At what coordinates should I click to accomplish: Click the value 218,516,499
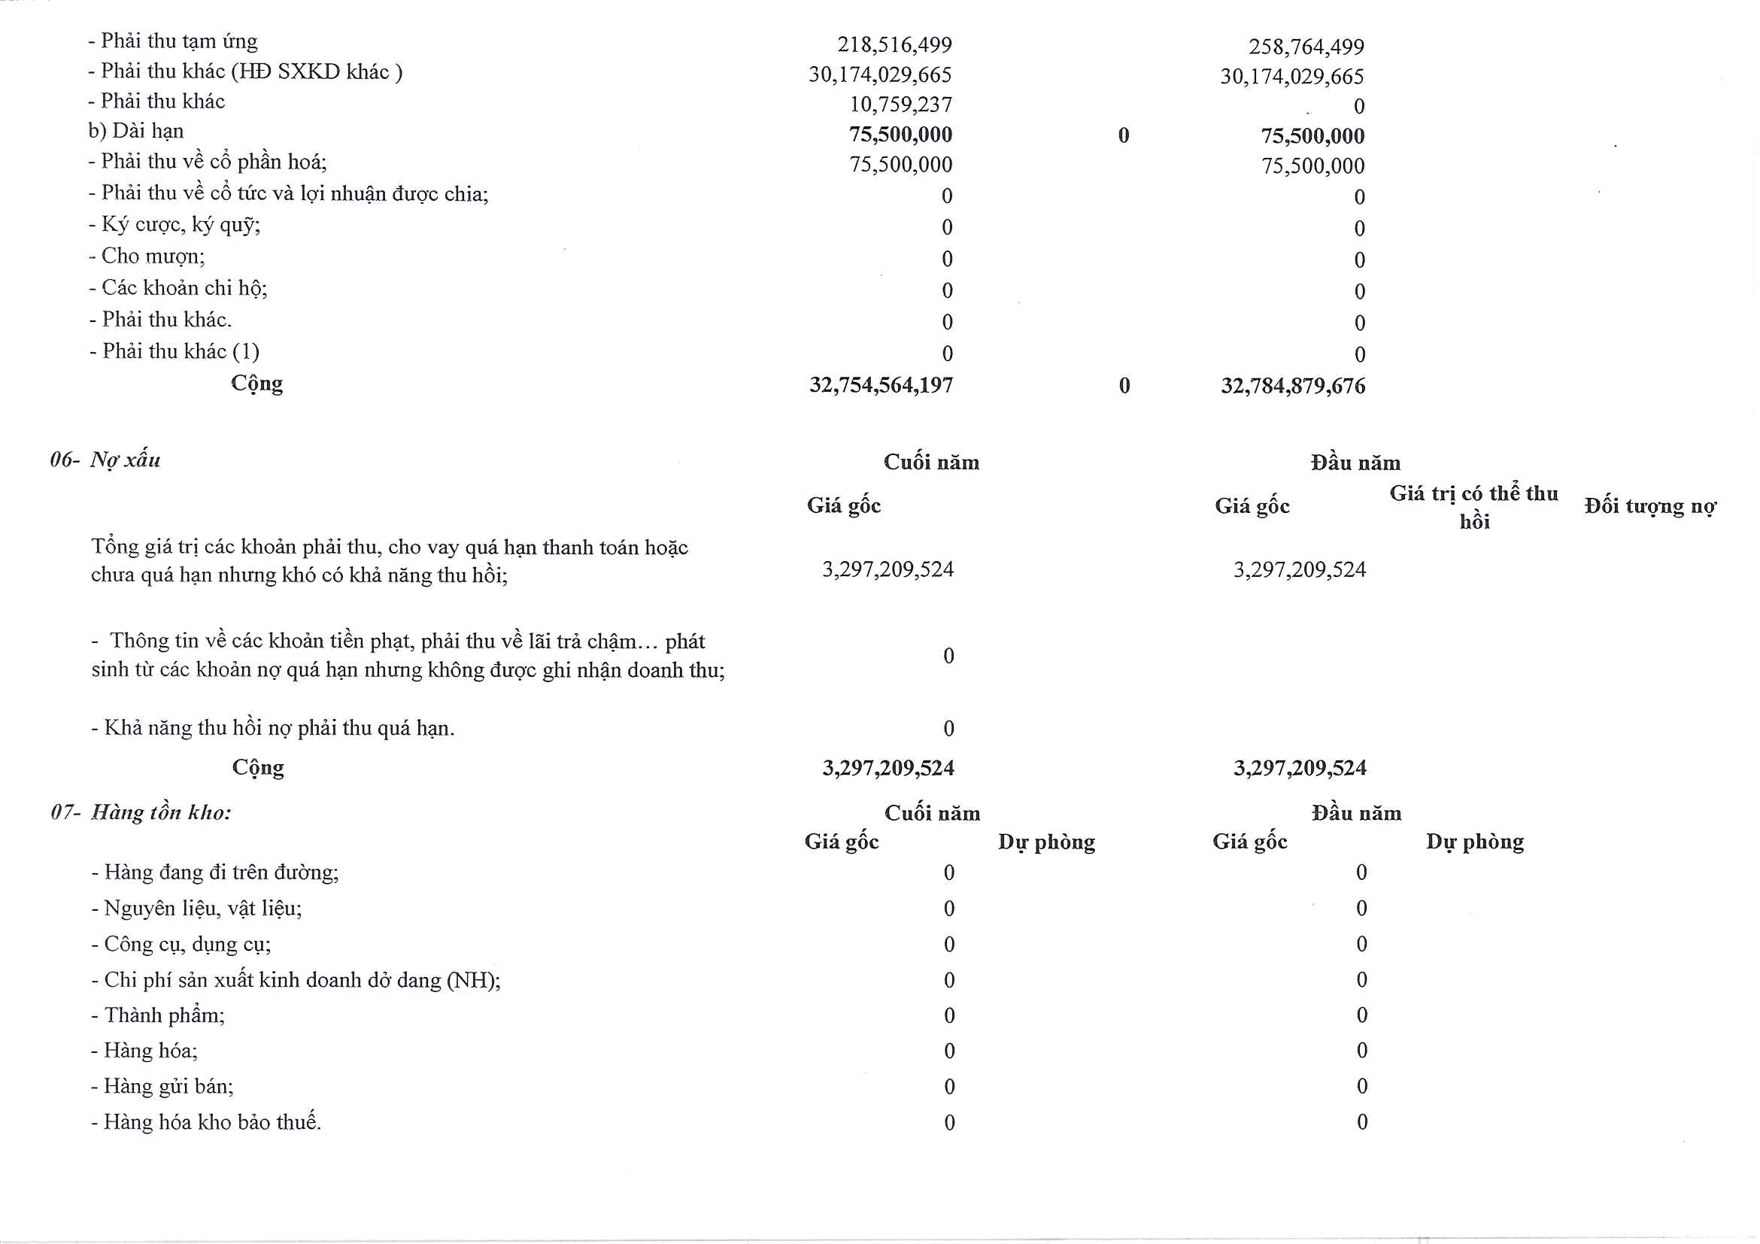(x=894, y=44)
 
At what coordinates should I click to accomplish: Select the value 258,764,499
(x=1306, y=47)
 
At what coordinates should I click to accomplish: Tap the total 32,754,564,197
(x=881, y=385)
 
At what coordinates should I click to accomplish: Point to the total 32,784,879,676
(x=1292, y=386)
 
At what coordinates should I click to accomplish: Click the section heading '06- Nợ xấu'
(x=106, y=460)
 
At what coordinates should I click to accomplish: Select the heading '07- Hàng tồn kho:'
(x=141, y=812)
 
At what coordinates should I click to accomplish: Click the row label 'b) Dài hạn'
(x=135, y=131)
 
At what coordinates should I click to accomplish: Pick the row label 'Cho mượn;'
(x=153, y=256)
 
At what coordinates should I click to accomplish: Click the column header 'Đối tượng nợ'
(x=1649, y=507)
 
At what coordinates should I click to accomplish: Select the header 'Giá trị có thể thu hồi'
(x=1473, y=507)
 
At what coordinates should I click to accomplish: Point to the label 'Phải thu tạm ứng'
(x=178, y=41)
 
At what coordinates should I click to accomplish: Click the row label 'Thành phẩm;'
(x=164, y=1015)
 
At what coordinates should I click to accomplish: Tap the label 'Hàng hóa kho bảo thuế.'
(x=211, y=1122)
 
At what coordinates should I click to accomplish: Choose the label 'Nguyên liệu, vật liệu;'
(x=202, y=909)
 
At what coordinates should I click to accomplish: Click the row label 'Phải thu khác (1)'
(x=181, y=351)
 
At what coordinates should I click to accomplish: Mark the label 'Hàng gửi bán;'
(x=168, y=1087)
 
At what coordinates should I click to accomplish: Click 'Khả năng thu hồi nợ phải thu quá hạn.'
(x=279, y=728)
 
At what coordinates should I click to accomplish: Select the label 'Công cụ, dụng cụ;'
(x=187, y=945)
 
